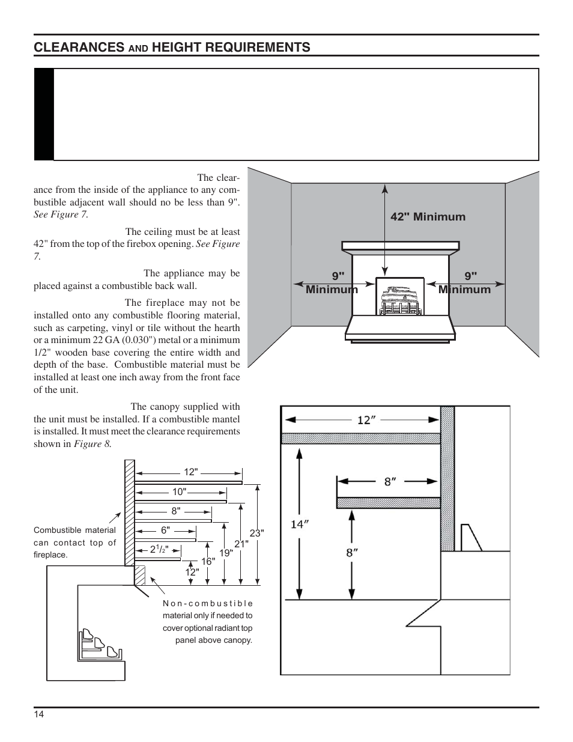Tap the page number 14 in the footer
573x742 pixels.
coord(38,714)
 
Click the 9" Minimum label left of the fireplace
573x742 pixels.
coord(332,283)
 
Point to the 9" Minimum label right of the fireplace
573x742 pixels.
coord(464,283)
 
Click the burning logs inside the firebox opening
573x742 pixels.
coord(400,299)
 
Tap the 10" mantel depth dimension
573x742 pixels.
coord(179,491)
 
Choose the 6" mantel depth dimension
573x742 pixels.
coord(165,530)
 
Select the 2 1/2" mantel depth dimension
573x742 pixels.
coord(159,549)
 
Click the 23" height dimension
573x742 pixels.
coord(257,533)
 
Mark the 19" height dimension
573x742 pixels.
coord(226,553)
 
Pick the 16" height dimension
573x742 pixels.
coord(208,561)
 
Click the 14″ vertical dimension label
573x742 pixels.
coord(300,525)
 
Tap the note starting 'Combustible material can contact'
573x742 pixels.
coord(75,543)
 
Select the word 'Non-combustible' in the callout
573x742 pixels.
coord(208,603)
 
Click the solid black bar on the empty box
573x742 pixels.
coord(44,114)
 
